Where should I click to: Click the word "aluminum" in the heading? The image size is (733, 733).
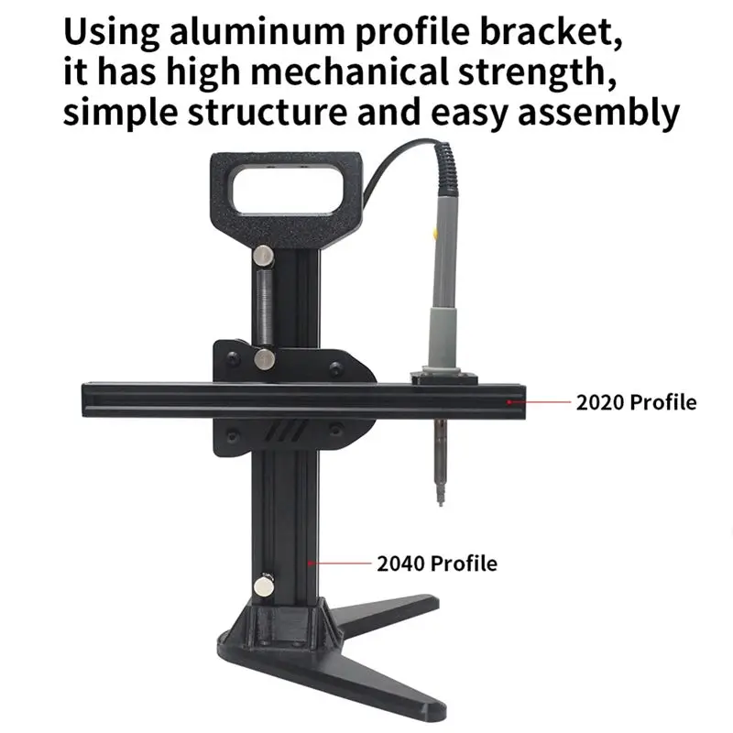257,31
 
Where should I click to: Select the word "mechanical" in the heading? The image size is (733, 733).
350,71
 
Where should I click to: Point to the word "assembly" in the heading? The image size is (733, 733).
599,113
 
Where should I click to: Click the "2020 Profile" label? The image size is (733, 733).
636,402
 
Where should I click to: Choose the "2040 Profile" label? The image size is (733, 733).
437,563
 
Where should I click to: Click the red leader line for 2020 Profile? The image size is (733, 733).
540,401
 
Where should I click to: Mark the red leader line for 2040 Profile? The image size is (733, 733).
340,563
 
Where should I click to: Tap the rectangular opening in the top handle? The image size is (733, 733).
288,191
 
